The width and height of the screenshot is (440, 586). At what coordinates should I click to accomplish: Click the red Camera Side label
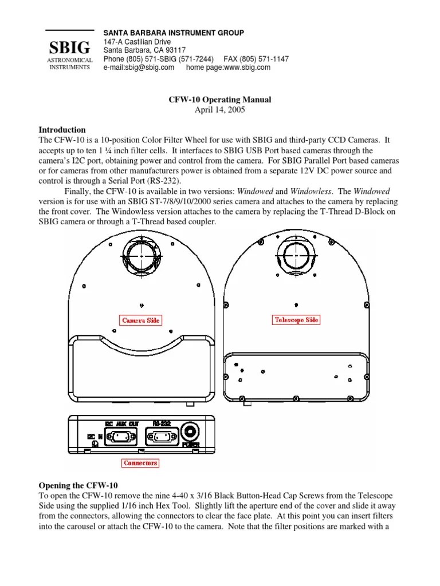click(140, 320)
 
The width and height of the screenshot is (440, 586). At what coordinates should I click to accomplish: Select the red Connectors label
click(140, 462)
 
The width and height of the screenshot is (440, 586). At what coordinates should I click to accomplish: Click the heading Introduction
click(62, 130)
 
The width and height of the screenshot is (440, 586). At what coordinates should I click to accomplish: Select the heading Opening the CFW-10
click(77, 485)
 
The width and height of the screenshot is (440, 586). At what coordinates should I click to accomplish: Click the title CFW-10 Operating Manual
click(219, 100)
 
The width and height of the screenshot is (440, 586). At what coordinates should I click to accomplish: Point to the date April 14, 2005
click(220, 109)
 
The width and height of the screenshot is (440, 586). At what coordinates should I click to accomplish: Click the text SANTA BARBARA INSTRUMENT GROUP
click(174, 33)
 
